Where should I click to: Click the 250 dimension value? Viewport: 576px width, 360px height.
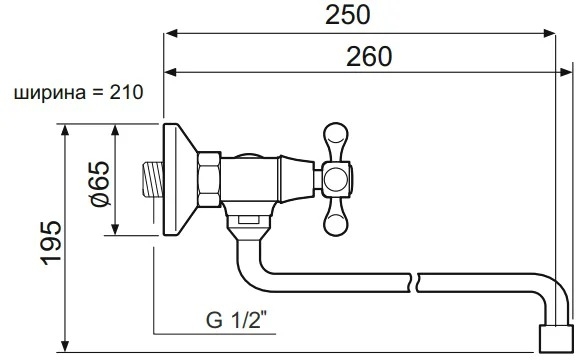point(348,15)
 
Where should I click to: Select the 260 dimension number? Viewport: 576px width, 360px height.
point(369,57)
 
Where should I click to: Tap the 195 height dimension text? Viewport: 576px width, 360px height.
point(51,242)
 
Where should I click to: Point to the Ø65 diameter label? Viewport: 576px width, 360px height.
point(100,184)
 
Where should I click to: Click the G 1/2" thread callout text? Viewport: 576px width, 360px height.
point(236,320)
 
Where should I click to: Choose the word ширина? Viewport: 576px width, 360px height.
point(50,94)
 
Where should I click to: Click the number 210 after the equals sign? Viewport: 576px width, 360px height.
point(126,92)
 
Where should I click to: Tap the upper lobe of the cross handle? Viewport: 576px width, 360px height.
point(335,141)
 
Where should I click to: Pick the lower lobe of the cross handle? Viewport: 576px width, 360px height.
point(335,218)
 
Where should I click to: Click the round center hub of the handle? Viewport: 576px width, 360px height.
point(336,179)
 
